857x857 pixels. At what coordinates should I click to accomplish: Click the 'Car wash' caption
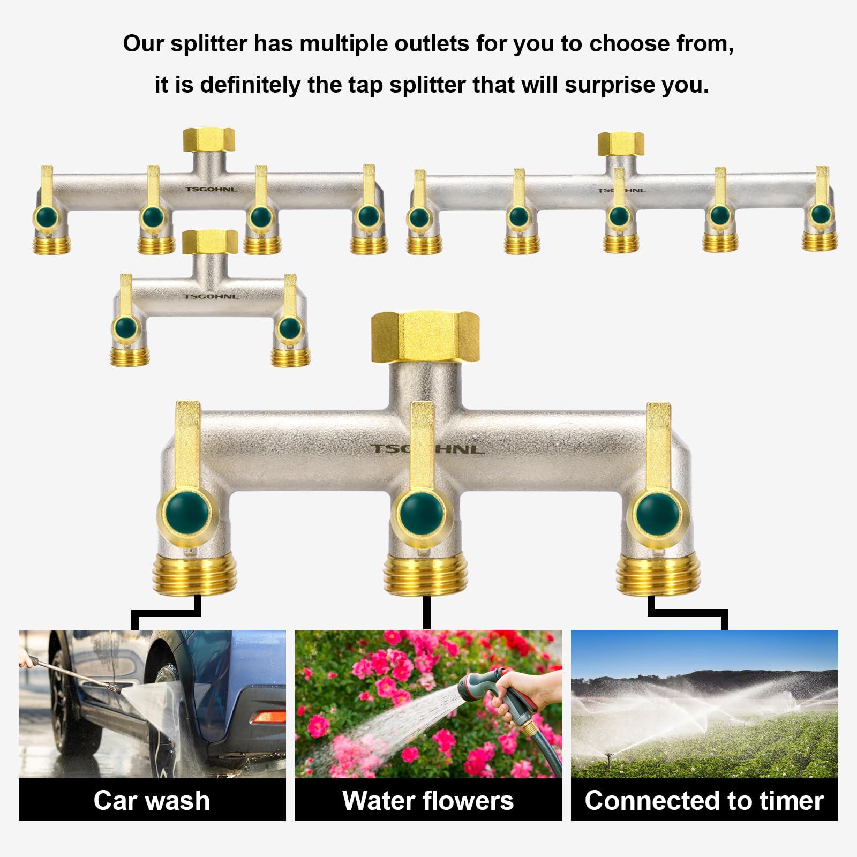pyautogui.click(x=152, y=801)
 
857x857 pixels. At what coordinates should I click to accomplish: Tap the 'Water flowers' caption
pyautogui.click(x=428, y=801)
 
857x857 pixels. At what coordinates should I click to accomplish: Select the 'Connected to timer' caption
pyautogui.click(x=704, y=801)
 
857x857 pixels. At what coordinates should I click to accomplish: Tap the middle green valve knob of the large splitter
pyautogui.click(x=422, y=513)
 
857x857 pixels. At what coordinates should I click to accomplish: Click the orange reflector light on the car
pyautogui.click(x=269, y=717)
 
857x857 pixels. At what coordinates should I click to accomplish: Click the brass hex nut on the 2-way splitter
pyautogui.click(x=210, y=242)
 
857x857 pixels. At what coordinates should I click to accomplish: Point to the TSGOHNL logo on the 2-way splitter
pyautogui.click(x=211, y=296)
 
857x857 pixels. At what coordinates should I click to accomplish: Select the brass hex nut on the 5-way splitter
pyautogui.click(x=621, y=144)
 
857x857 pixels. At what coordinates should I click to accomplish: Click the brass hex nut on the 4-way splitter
pyautogui.click(x=209, y=140)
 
